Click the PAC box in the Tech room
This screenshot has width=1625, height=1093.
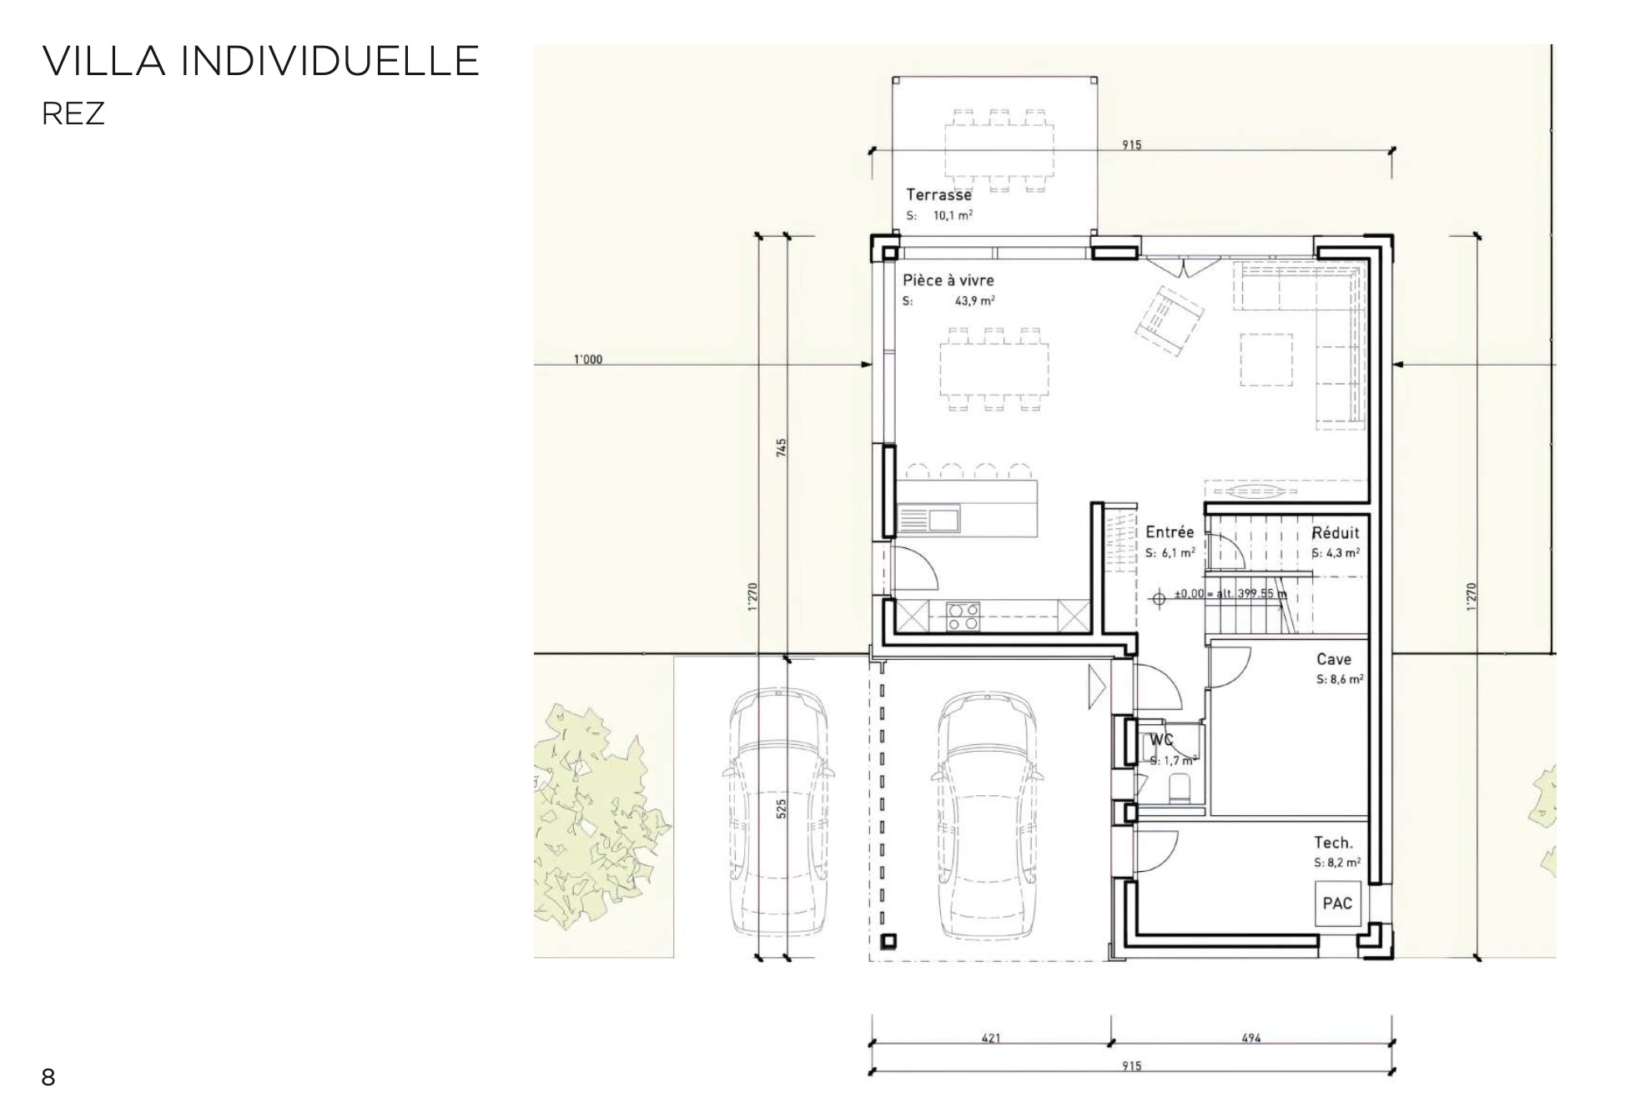click(x=1338, y=904)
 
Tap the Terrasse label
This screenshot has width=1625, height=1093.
click(x=938, y=195)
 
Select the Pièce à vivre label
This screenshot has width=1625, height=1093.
click(x=948, y=280)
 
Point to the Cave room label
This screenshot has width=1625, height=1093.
click(x=1334, y=659)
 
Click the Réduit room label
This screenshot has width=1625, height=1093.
click(x=1336, y=532)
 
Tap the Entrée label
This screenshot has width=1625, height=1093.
click(x=1170, y=532)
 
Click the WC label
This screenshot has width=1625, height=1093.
click(x=1162, y=740)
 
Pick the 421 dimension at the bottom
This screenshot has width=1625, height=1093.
click(x=991, y=1039)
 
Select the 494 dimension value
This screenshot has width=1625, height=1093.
click(x=1251, y=1039)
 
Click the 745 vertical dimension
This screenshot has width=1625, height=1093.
click(x=782, y=448)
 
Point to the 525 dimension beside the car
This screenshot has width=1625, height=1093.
click(x=782, y=808)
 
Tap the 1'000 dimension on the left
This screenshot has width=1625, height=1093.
click(x=587, y=360)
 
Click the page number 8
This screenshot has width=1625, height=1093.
click(x=48, y=1077)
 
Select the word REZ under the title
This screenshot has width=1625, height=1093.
click(x=73, y=114)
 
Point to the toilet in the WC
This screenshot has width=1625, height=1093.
click(x=1180, y=788)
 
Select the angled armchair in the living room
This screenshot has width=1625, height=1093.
click(x=1169, y=321)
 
